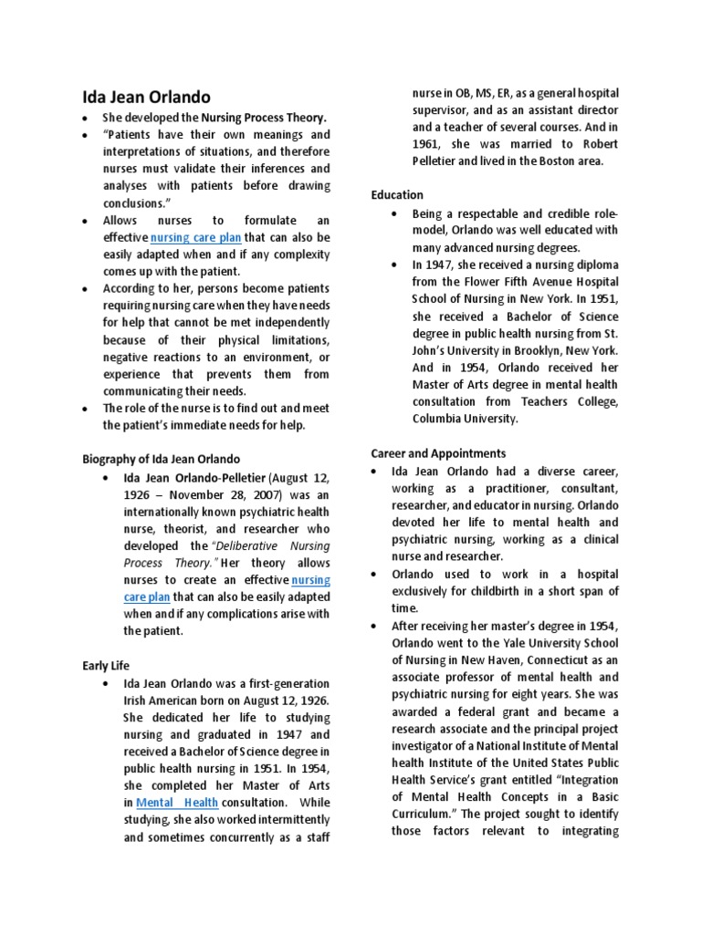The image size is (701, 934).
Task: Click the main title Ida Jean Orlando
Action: tap(146, 97)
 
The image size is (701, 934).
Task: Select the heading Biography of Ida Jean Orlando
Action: tap(161, 459)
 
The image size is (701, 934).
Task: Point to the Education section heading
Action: tap(397, 195)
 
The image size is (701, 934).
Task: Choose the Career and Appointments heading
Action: tap(438, 453)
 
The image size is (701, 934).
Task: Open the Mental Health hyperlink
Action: tap(177, 803)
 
